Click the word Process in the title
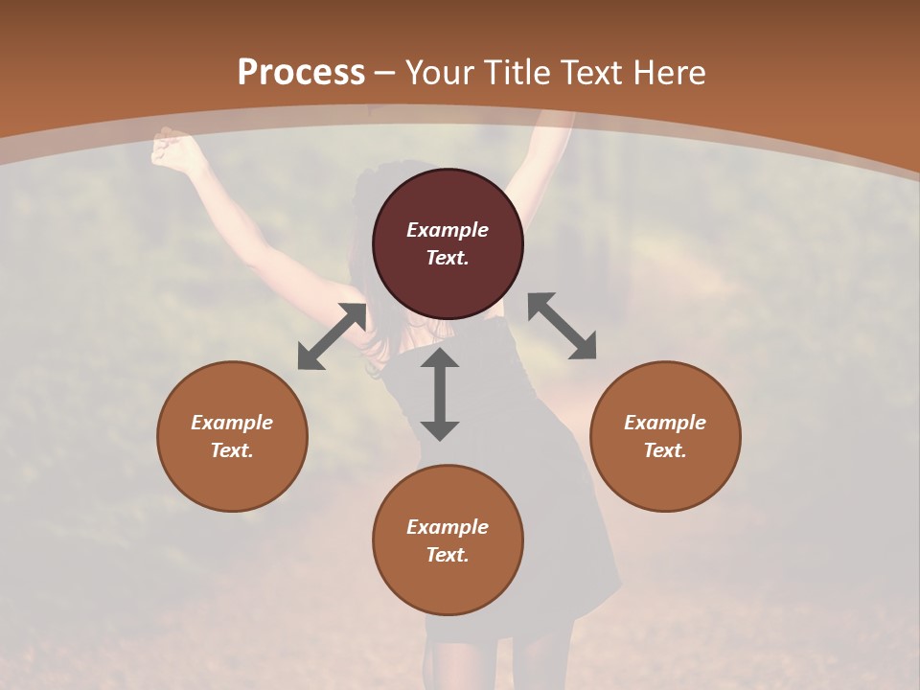tap(301, 73)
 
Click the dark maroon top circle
tap(448, 201)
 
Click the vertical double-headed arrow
tap(440, 394)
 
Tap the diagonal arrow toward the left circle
tap(332, 336)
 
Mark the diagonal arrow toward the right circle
tap(563, 326)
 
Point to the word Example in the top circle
tap(448, 230)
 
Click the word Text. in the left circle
tap(232, 450)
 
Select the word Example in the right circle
tap(665, 423)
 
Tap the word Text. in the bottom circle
tap(448, 555)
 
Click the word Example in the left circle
tap(232, 423)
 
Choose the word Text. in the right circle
tap(665, 450)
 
